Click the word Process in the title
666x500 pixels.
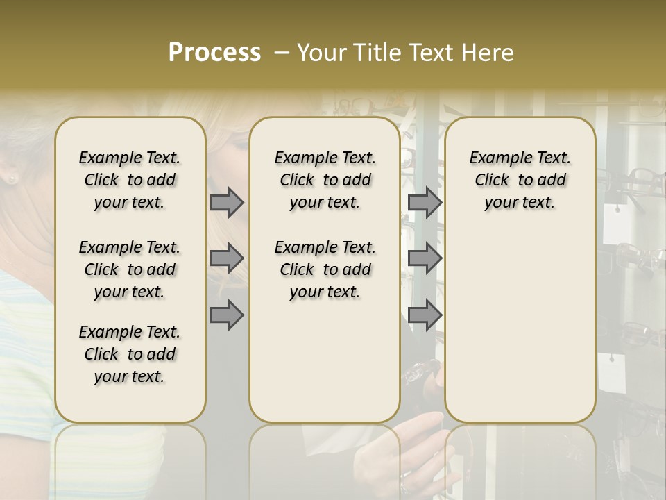coord(214,52)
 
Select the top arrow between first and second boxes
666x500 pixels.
coord(226,202)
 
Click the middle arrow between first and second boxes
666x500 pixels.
coord(226,258)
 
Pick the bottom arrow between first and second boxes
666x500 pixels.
coord(226,315)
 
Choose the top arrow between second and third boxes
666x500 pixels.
coord(425,202)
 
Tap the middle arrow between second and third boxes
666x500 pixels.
coord(425,258)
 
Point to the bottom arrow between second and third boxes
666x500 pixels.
coord(425,315)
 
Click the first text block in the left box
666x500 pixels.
coord(130,180)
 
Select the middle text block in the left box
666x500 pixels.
coord(130,269)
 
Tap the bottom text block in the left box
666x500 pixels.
coord(130,354)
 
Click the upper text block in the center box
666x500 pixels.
coord(325,180)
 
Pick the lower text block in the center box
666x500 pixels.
coord(325,269)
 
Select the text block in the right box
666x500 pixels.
coord(520,180)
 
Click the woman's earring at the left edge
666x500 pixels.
coord(11,178)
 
